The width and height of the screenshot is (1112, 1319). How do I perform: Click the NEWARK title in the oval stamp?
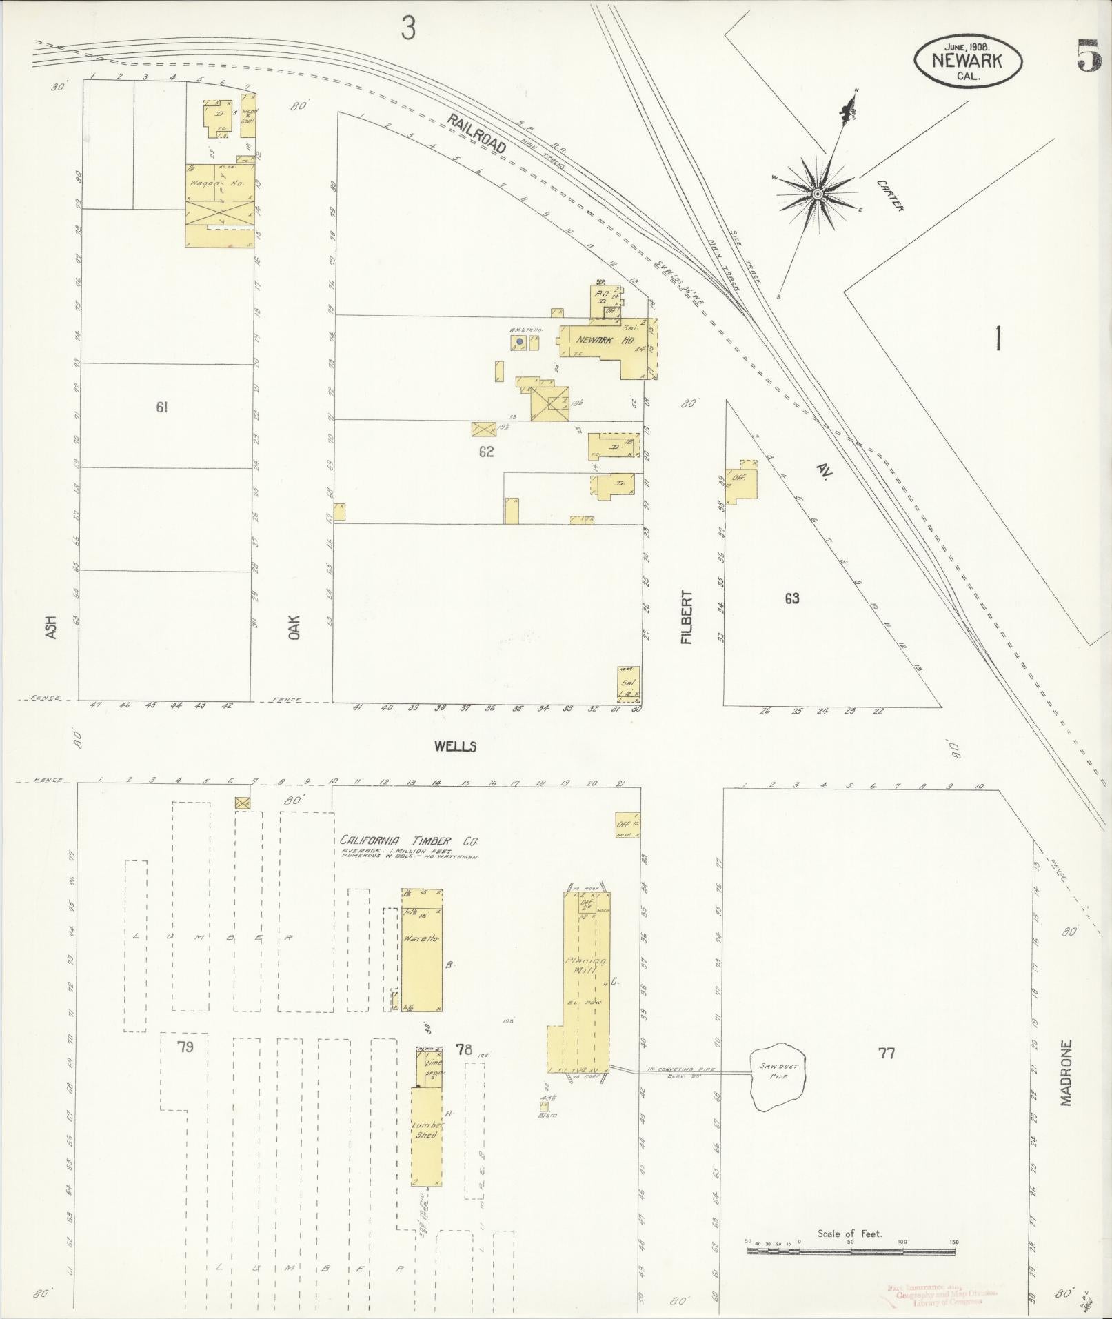click(x=967, y=60)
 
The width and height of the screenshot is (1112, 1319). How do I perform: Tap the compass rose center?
click(x=816, y=194)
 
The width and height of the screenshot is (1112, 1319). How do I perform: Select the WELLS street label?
click(x=455, y=746)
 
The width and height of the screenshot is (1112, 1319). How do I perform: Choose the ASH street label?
click(x=50, y=626)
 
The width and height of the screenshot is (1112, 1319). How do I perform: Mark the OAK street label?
click(x=295, y=627)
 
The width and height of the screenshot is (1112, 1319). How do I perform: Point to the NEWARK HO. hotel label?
click(x=596, y=340)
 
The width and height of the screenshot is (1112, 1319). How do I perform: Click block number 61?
click(x=162, y=407)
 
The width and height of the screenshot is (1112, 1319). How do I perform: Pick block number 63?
click(x=791, y=598)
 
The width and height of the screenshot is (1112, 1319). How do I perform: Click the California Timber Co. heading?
click(x=409, y=841)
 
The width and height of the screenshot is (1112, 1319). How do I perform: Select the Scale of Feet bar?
click(x=851, y=1249)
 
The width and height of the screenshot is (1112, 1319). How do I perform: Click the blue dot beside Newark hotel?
click(x=519, y=341)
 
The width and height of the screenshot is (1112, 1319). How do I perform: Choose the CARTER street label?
click(x=890, y=195)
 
